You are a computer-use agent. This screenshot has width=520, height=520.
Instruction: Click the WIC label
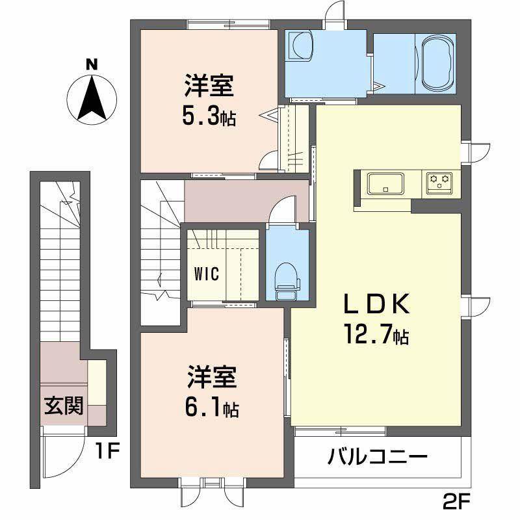click(x=206, y=274)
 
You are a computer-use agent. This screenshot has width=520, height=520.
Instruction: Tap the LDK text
click(x=377, y=304)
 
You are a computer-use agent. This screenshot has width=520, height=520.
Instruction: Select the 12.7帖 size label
click(x=377, y=334)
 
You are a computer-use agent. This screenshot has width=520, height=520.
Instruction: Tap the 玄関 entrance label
click(x=64, y=405)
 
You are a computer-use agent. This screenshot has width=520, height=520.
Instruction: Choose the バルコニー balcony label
click(x=378, y=457)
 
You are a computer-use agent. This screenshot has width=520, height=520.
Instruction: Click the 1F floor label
click(x=107, y=451)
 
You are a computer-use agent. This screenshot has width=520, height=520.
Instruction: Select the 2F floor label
click(x=456, y=504)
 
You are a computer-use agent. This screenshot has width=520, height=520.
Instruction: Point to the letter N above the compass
click(x=92, y=64)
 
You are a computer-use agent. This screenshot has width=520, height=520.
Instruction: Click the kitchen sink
click(x=385, y=183)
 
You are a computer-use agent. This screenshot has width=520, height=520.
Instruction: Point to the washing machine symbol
click(x=300, y=45)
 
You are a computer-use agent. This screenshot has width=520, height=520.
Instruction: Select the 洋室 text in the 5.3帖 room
click(x=209, y=86)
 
